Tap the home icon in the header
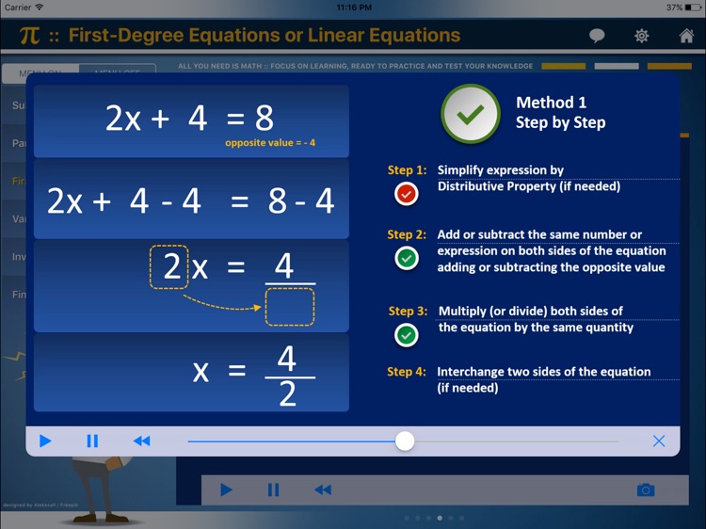[686, 36]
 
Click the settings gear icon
[642, 36]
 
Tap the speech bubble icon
[597, 36]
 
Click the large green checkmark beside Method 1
[470, 113]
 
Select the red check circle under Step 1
[406, 193]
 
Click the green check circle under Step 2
[406, 258]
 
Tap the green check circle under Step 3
[406, 334]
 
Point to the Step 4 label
[407, 372]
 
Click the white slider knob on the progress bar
[405, 441]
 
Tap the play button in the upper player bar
[45, 441]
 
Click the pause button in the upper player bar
[92, 441]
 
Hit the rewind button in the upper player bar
[141, 441]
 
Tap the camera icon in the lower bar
[645, 489]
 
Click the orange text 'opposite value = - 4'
[270, 143]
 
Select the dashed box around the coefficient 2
[170, 266]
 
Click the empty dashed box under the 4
[290, 307]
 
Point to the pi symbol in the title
[29, 37]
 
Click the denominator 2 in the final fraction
[288, 393]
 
